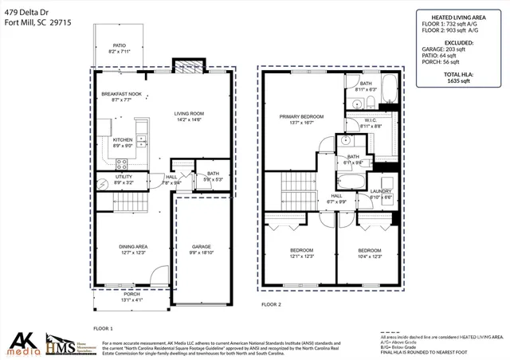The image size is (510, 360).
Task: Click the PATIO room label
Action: click(x=119, y=46)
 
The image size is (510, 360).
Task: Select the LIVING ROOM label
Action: click(x=190, y=114)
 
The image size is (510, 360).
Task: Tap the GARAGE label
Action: click(x=201, y=247)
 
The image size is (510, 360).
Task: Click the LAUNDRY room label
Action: click(x=381, y=191)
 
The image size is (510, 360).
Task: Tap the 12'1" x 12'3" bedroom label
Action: click(x=300, y=250)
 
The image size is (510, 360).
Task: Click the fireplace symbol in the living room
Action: click(x=188, y=68)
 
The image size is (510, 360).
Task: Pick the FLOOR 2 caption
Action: click(x=272, y=304)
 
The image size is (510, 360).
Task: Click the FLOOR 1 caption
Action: click(x=104, y=327)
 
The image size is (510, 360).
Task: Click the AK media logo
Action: click(x=22, y=344)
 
